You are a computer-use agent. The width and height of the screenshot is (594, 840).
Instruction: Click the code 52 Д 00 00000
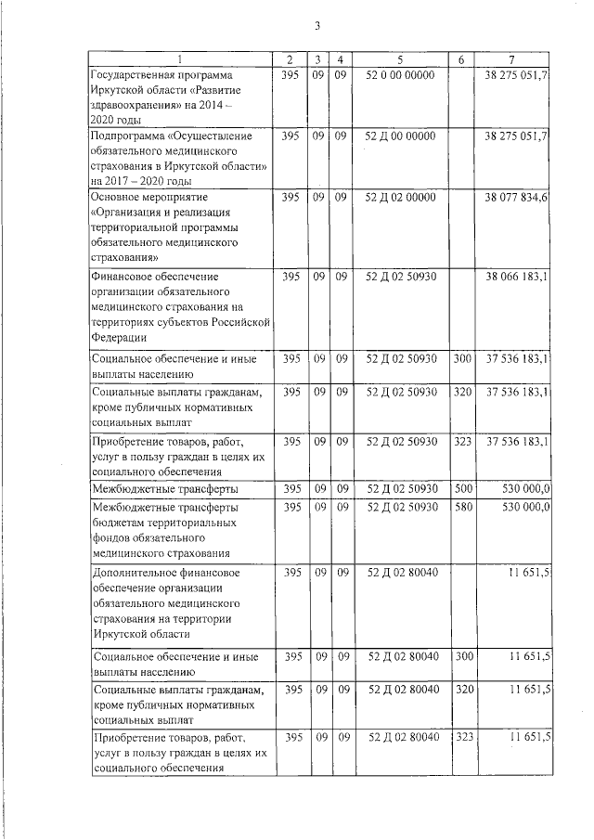point(401,136)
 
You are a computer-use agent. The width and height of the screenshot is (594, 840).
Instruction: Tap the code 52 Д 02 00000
point(401,198)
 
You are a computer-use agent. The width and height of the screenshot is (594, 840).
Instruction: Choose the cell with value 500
point(462,488)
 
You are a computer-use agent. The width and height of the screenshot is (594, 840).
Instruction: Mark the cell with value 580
point(462,508)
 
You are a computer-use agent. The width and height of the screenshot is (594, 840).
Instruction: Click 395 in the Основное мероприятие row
point(291,198)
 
